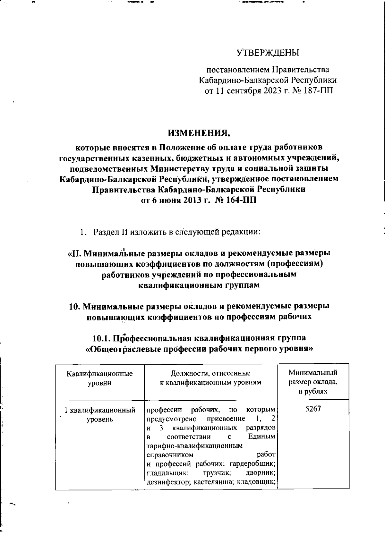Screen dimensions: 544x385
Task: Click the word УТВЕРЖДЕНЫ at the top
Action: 268,53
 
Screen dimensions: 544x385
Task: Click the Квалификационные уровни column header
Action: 100,378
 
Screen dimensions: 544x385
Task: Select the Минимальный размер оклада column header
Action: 313,382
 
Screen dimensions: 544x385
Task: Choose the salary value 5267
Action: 313,410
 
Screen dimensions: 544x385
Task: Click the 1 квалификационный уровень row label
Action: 100,414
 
